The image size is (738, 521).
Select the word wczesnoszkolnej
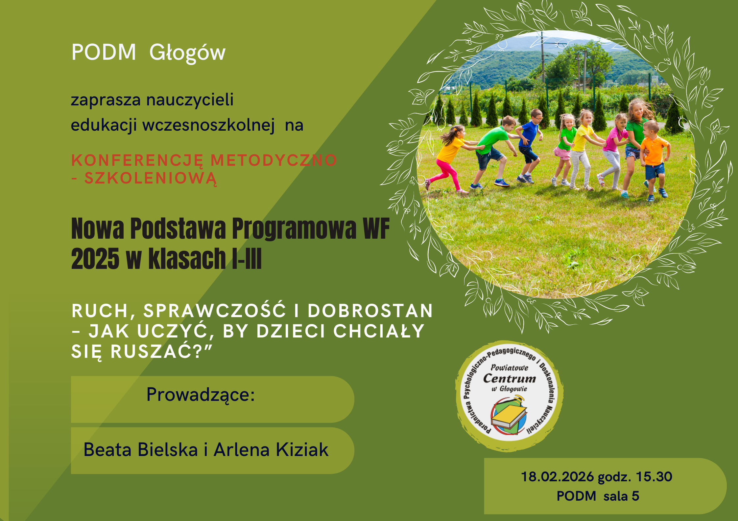coord(208,125)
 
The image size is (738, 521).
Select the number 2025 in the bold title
coord(95,259)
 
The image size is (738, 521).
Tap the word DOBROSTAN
coord(370,311)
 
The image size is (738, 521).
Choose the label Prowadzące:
coord(201,395)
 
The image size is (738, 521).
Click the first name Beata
coord(108,449)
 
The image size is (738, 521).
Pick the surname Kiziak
coord(302,449)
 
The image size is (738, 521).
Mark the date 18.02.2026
coord(558,477)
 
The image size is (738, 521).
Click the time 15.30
coord(654,477)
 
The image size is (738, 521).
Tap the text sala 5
coord(621,496)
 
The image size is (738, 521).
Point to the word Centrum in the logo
coord(509,379)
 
